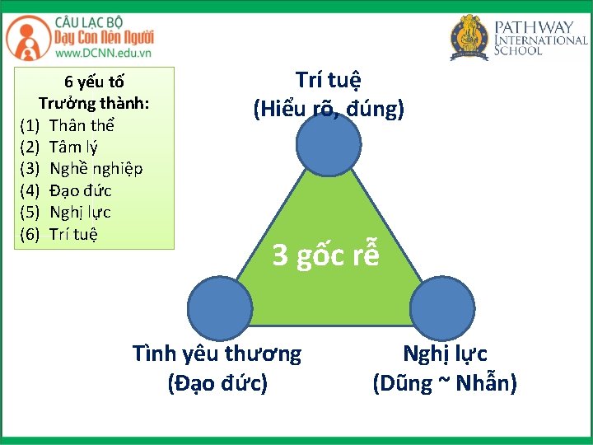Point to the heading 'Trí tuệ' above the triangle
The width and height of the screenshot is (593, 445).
click(x=329, y=81)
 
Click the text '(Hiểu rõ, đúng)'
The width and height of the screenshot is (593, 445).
click(x=329, y=108)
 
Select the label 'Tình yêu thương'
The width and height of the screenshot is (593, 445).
click(x=217, y=354)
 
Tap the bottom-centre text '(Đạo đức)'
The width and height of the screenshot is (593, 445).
click(x=217, y=382)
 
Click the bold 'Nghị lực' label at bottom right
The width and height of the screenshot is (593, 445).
click(x=445, y=354)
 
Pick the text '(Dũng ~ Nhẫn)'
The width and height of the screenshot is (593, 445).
click(x=445, y=382)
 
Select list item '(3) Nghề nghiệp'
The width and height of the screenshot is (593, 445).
click(x=81, y=169)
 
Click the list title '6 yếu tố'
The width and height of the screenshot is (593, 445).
click(x=94, y=82)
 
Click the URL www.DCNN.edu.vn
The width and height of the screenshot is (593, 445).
click(x=103, y=53)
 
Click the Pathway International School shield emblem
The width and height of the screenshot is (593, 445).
click(x=469, y=37)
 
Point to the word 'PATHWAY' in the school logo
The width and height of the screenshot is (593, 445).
click(x=540, y=26)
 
